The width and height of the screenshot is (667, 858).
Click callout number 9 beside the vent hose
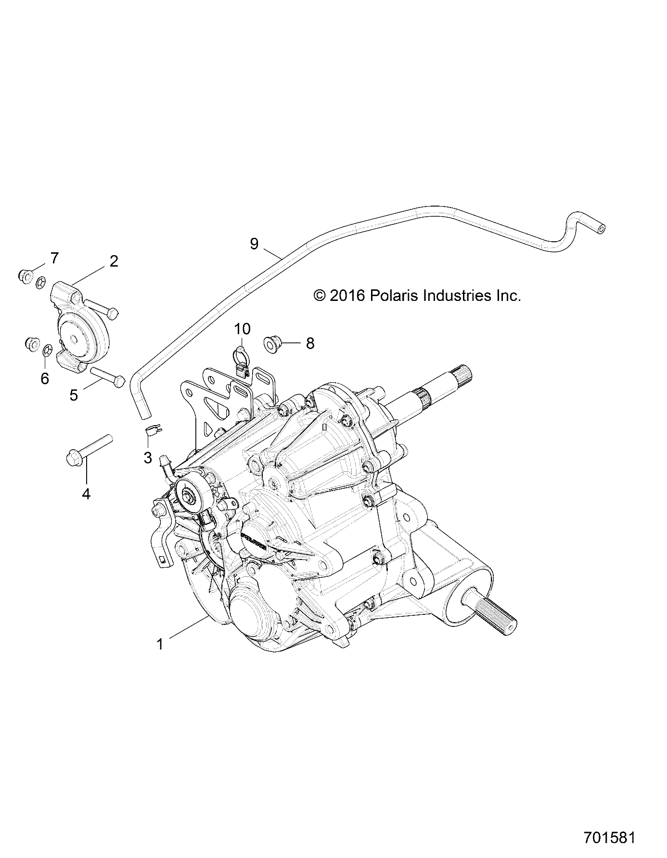254,244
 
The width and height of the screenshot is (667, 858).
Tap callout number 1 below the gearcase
160,644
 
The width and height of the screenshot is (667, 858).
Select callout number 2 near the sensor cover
114,261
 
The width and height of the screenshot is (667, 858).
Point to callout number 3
148,457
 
